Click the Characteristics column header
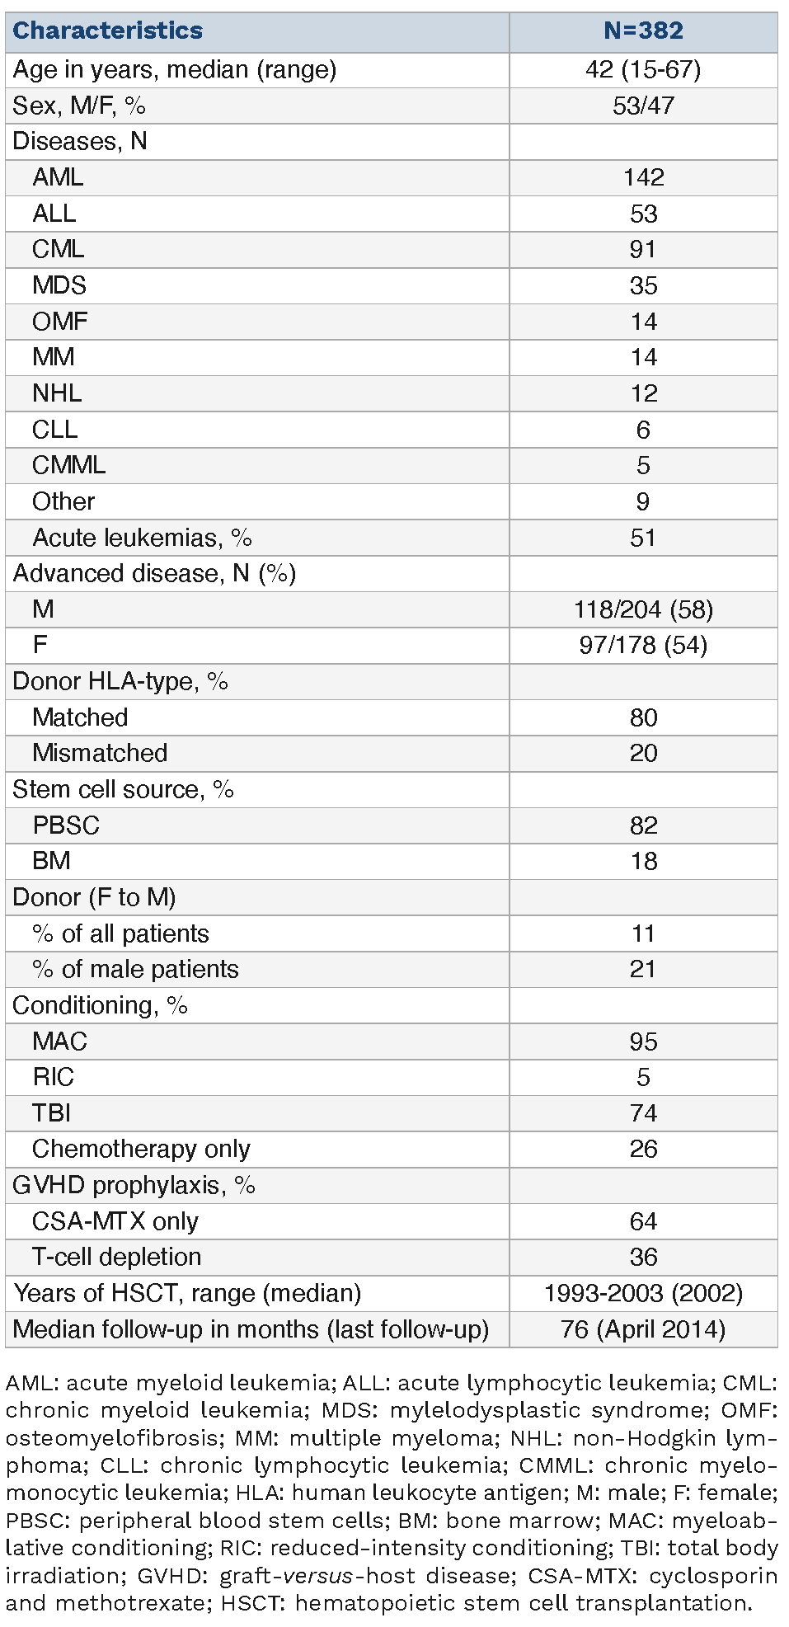pyautogui.click(x=108, y=31)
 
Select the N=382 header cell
pyautogui.click(x=643, y=31)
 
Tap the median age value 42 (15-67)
pyautogui.click(x=643, y=69)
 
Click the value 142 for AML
pyautogui.click(x=643, y=177)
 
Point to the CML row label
pyautogui.click(x=58, y=249)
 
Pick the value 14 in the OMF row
pyautogui.click(x=643, y=322)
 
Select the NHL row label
pyautogui.click(x=57, y=393)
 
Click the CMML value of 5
pyautogui.click(x=643, y=465)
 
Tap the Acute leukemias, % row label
pyautogui.click(x=142, y=538)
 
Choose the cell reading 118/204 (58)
pyautogui.click(x=643, y=609)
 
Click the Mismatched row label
pyautogui.click(x=100, y=753)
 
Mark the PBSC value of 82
pyautogui.click(x=643, y=825)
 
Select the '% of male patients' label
pyautogui.click(x=135, y=969)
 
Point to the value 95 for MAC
pyautogui.click(x=643, y=1042)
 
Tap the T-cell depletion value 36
pyautogui.click(x=643, y=1257)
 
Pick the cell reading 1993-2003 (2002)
pyautogui.click(x=643, y=1293)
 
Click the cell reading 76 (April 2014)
pyautogui.click(x=643, y=1329)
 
